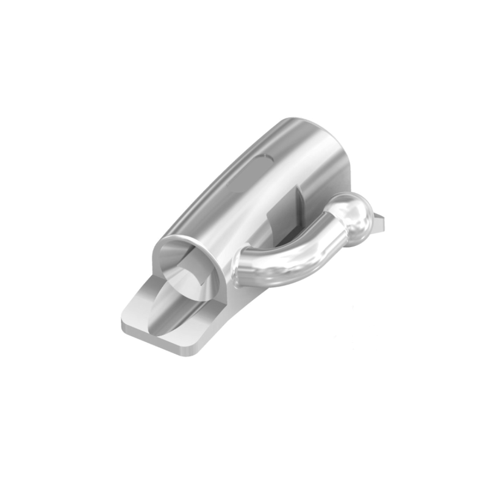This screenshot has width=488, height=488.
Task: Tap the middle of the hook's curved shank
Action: click(287, 259)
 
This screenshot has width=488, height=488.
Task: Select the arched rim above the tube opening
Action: click(183, 241)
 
